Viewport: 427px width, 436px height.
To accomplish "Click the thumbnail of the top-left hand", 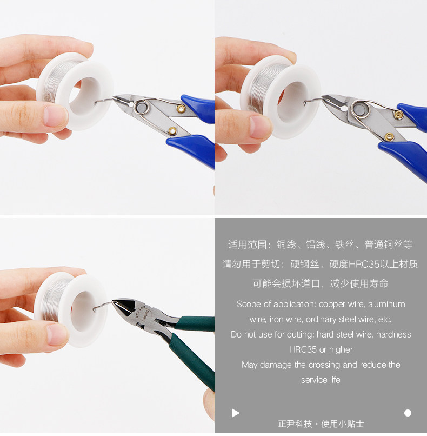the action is pyautogui.click(x=56, y=117).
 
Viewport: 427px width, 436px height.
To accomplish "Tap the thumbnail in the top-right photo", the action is pyautogui.click(x=261, y=127).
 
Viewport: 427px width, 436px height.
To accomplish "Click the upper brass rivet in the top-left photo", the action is pyautogui.click(x=181, y=109).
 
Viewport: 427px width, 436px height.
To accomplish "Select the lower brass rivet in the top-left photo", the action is pyautogui.click(x=172, y=130).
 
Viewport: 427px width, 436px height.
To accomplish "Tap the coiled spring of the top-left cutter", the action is pyautogui.click(x=142, y=107).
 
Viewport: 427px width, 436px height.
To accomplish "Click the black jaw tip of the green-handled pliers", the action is pyautogui.click(x=122, y=307).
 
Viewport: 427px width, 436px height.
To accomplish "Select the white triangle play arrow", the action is pyautogui.click(x=235, y=413).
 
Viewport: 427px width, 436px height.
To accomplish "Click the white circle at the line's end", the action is pyautogui.click(x=408, y=413).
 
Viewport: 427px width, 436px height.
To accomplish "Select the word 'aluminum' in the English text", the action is pyautogui.click(x=386, y=304).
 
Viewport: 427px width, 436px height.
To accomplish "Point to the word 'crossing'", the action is pyautogui.click(x=322, y=365).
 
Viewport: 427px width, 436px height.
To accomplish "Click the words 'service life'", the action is pyautogui.click(x=321, y=380).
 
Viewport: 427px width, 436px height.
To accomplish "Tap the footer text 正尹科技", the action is pyautogui.click(x=295, y=424).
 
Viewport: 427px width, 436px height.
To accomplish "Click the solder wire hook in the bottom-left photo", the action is pyautogui.click(x=103, y=306).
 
